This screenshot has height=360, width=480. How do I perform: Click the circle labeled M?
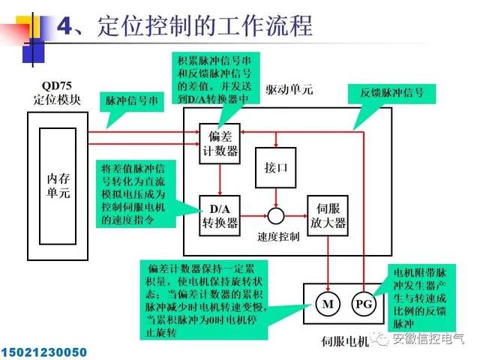328,304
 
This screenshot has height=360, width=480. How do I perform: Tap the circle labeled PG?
362,304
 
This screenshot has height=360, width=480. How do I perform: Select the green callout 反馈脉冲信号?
391,92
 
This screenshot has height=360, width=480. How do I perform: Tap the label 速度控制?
277,237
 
